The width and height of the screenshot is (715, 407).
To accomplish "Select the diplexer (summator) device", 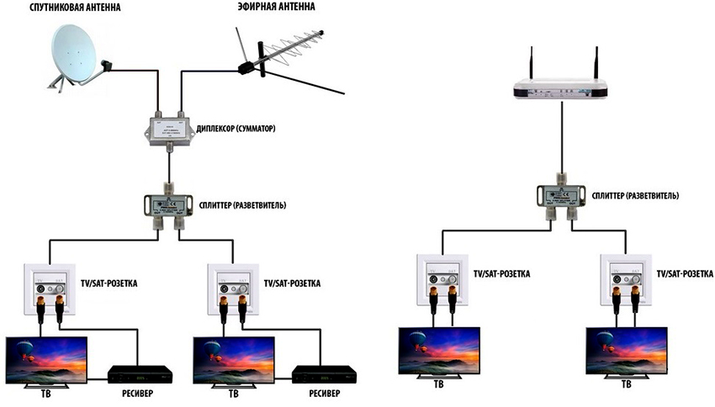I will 169,131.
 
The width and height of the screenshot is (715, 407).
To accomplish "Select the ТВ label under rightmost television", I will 626,385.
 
